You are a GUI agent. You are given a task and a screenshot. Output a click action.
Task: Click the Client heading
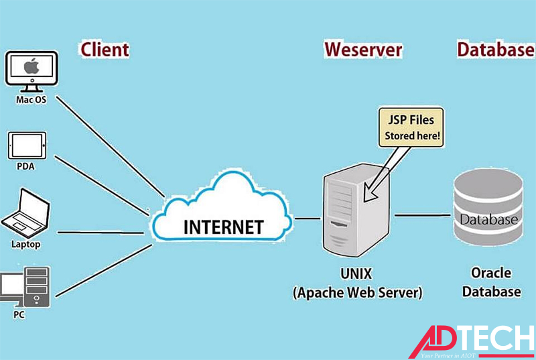(105, 49)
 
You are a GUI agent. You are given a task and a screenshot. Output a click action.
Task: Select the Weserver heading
(363, 50)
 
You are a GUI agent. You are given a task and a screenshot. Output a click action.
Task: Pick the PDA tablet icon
(27, 144)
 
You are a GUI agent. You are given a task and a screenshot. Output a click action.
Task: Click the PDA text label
(25, 166)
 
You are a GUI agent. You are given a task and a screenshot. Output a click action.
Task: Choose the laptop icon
(26, 213)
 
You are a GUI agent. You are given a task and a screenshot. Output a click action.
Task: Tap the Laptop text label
(25, 244)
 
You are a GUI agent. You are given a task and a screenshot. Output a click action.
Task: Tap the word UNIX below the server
(356, 275)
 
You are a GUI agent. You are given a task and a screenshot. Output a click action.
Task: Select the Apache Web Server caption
(357, 293)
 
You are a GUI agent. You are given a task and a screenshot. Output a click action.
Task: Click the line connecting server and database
(422, 215)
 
